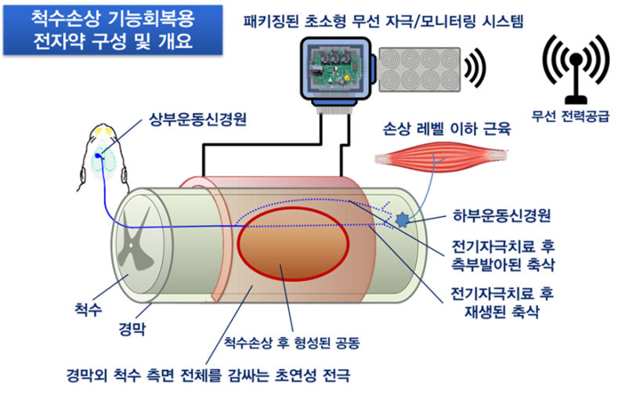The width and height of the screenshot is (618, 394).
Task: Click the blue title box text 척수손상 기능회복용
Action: coord(96,17)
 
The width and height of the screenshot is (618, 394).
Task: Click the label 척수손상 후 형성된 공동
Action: coord(292,343)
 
